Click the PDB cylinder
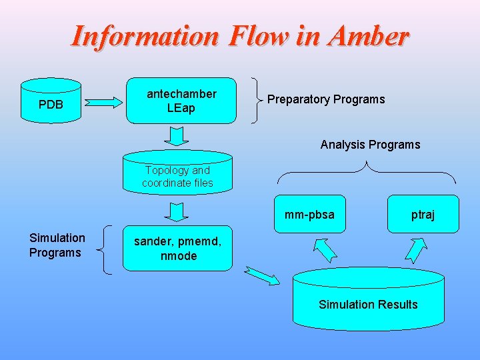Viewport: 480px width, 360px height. [51, 102]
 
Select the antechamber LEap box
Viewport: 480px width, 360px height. [181, 101]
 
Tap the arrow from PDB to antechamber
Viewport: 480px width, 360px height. [105, 102]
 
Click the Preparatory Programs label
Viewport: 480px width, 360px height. [326, 99]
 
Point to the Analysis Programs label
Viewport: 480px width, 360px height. [370, 145]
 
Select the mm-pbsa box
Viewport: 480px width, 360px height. [309, 214]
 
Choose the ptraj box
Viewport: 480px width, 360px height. [423, 214]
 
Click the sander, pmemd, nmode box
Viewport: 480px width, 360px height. [177, 249]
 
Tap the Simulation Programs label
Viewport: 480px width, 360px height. [57, 245]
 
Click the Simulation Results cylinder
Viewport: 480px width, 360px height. [368, 299]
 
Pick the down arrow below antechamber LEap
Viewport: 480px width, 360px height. [177, 135]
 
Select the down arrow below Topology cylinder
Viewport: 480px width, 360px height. [177, 211]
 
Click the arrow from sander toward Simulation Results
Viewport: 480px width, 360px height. [261, 275]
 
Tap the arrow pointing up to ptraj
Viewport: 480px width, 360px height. [415, 249]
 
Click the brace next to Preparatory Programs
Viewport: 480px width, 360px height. [257, 99]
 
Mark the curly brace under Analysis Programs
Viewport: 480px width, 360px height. [367, 171]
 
